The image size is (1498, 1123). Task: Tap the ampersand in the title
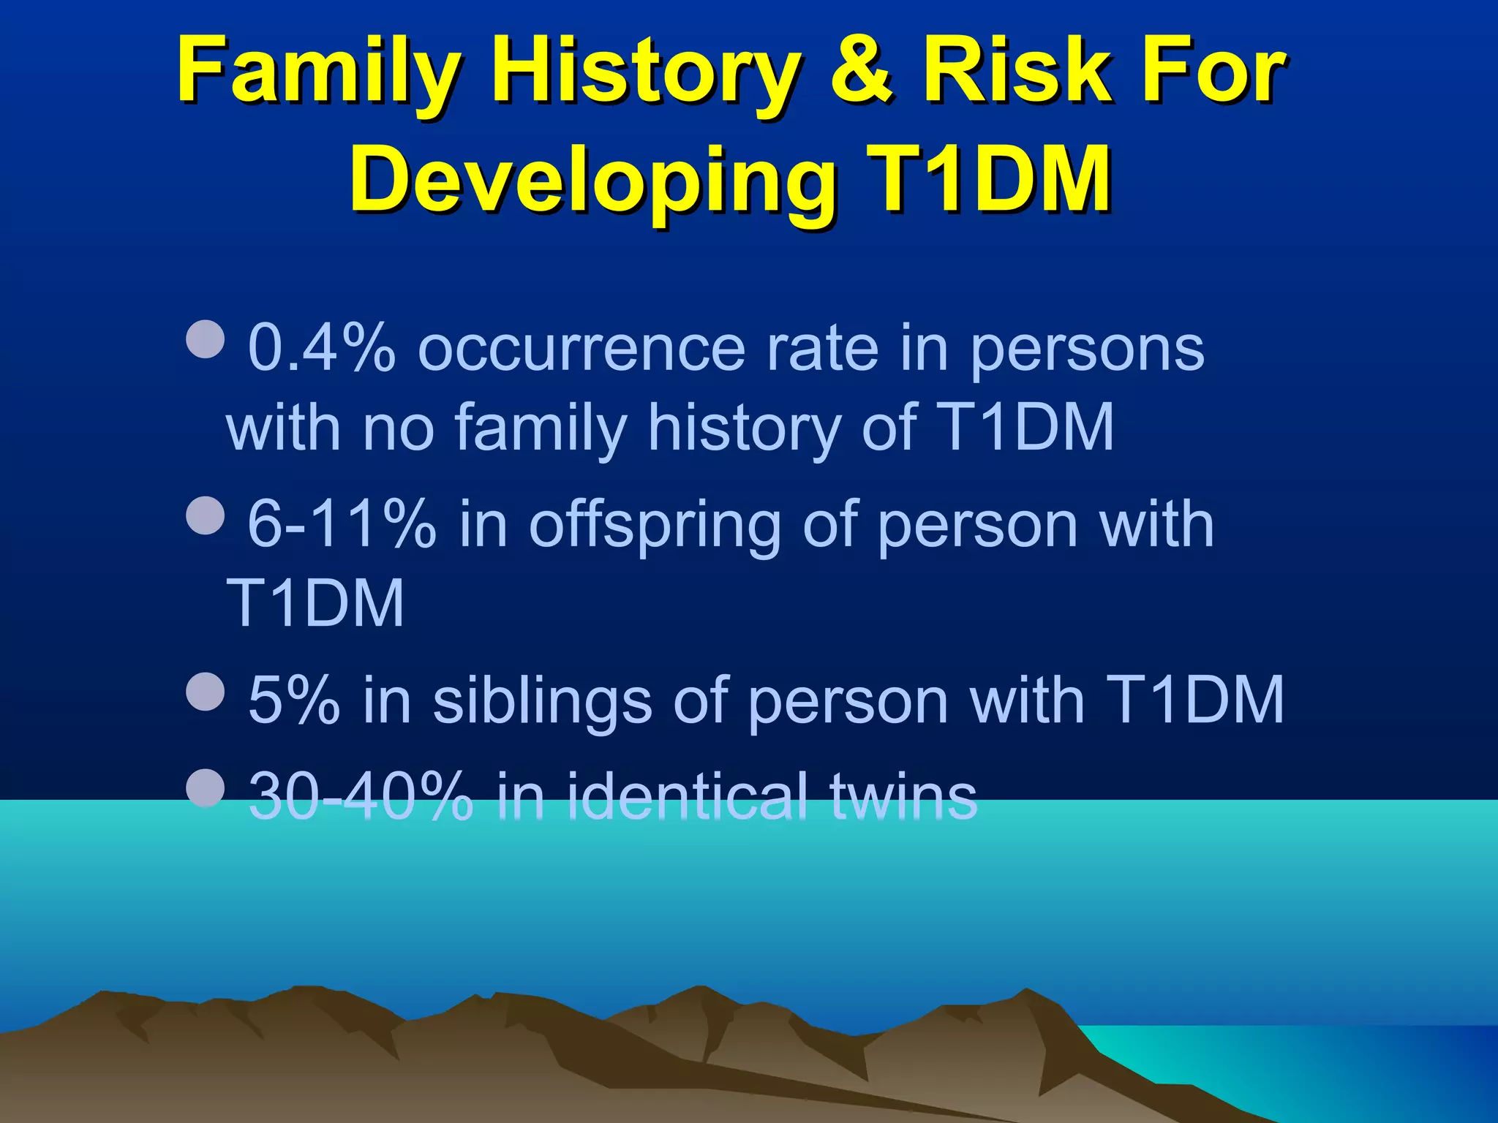click(x=861, y=71)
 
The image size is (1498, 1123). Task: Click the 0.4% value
click(x=322, y=348)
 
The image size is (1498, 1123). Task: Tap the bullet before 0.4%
click(x=206, y=339)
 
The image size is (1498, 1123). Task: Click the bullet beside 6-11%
click(x=206, y=515)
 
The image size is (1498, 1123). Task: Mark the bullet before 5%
click(x=206, y=692)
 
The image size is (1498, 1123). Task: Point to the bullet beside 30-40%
click(x=206, y=787)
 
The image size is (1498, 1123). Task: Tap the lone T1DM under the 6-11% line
click(x=315, y=603)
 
